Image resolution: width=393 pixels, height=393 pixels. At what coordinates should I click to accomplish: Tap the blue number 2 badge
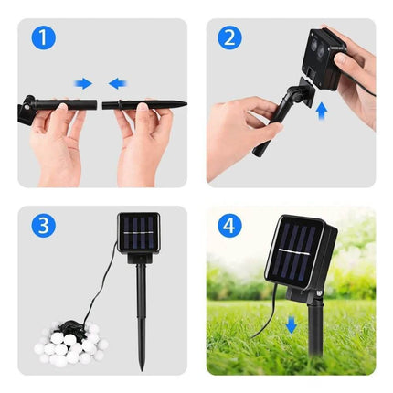[x=229, y=38]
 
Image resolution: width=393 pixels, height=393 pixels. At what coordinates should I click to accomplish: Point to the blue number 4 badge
[x=229, y=225]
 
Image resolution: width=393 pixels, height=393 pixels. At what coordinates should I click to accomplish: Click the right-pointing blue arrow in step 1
[x=83, y=83]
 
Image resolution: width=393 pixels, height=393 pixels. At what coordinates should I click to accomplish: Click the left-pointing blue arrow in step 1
[x=117, y=83]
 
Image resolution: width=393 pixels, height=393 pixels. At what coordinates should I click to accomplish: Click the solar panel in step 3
[x=139, y=234]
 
